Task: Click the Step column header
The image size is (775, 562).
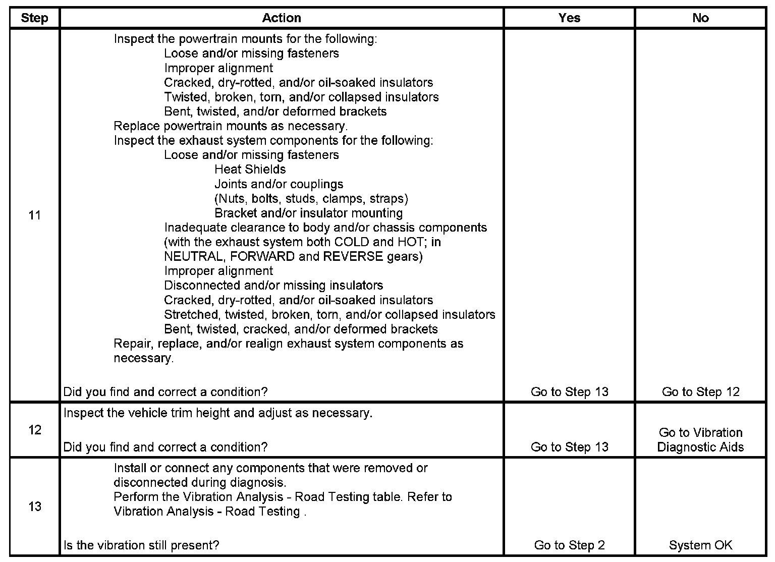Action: pyautogui.click(x=34, y=18)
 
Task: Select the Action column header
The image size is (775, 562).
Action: pyautogui.click(x=282, y=18)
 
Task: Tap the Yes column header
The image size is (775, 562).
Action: pyautogui.click(x=569, y=18)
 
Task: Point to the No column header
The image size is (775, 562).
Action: pyautogui.click(x=700, y=18)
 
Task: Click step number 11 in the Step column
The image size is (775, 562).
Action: pyautogui.click(x=34, y=215)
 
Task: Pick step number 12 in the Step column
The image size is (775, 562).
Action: pyautogui.click(x=34, y=430)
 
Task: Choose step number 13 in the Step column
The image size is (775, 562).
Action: pyautogui.click(x=34, y=507)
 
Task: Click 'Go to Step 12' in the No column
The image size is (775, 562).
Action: pyautogui.click(x=700, y=392)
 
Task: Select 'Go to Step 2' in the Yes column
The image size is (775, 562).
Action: pyautogui.click(x=569, y=545)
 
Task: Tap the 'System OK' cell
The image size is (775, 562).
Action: pyautogui.click(x=700, y=545)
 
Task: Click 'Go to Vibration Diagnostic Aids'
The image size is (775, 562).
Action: pyautogui.click(x=700, y=440)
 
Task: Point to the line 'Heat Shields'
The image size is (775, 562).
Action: pyautogui.click(x=250, y=170)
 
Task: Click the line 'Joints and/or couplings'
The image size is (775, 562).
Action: pyautogui.click(x=279, y=184)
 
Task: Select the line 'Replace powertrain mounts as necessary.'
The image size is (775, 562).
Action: pyautogui.click(x=231, y=126)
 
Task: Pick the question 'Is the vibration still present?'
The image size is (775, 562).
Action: pyautogui.click(x=141, y=545)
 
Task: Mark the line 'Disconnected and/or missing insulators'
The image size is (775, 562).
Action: pyautogui.click(x=273, y=286)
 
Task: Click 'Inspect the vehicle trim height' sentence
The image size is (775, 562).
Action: pyautogui.click(x=218, y=413)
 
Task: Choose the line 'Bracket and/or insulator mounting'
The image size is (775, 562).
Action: pyautogui.click(x=308, y=213)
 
